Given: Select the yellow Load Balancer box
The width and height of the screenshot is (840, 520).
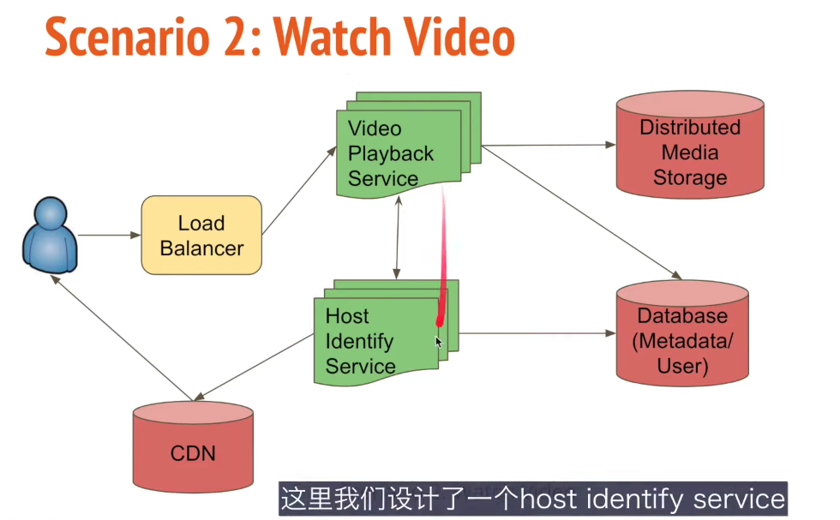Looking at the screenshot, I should (x=201, y=236).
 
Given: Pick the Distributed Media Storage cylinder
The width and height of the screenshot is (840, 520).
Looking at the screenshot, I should (x=690, y=150).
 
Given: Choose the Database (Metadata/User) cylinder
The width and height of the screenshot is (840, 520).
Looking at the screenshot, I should (x=682, y=338).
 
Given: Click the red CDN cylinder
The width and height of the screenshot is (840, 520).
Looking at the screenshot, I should (x=194, y=449).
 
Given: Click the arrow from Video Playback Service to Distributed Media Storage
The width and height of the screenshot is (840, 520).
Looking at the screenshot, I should (x=549, y=146).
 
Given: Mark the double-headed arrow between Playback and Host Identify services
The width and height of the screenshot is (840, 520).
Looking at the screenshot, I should (x=397, y=236).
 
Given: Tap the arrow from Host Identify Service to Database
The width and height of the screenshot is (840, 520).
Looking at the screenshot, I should (x=536, y=333).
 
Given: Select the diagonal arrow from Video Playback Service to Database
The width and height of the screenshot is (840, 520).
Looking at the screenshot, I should (x=583, y=214).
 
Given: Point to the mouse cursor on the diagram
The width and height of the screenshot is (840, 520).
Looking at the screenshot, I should (x=438, y=341).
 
